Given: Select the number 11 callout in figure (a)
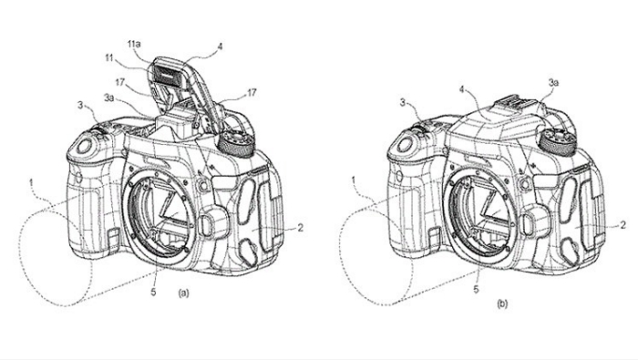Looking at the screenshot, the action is point(108,58).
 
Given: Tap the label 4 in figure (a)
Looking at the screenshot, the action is point(220,46).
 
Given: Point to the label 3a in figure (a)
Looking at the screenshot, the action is point(109,98).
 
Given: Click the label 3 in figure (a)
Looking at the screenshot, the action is point(80,105).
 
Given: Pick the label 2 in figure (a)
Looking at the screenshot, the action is point(300,228).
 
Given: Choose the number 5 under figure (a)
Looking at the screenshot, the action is point(153,292).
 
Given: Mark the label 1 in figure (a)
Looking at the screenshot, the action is point(31,183).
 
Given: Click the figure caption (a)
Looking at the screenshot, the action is point(183,293).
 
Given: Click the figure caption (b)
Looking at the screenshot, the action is point(502,303).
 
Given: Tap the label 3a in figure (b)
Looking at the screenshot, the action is point(553,83).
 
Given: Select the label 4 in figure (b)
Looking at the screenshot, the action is point(461,89).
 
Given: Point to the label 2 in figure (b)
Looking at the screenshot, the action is point(623,224).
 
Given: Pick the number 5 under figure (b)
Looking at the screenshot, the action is point(476,290).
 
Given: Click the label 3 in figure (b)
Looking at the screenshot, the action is point(403,102).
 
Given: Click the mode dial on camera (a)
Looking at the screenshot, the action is point(236,143).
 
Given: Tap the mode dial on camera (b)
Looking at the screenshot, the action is point(557,140).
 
